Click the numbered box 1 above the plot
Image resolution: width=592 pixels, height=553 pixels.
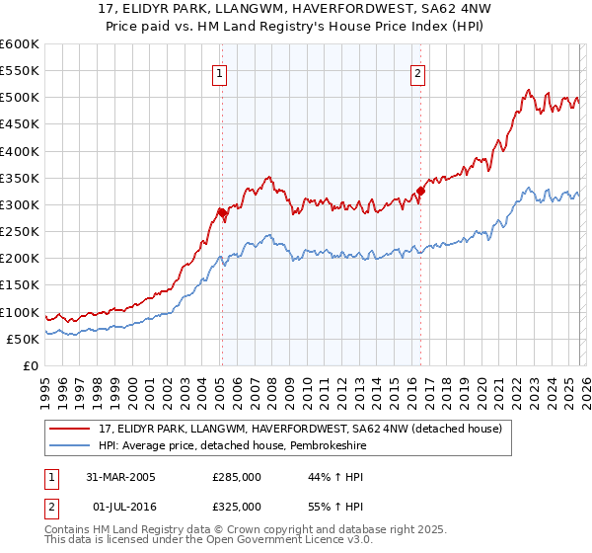(219, 72)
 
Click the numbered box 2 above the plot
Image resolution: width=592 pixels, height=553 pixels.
(418, 72)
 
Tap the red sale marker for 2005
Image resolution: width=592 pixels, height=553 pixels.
(222, 211)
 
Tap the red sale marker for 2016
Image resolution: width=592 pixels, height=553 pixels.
(420, 191)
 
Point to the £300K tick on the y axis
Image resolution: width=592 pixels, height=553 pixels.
(19, 204)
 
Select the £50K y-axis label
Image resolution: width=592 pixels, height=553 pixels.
(22, 339)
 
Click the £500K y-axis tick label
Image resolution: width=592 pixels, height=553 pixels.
(19, 98)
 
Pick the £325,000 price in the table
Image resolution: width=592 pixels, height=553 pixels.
(236, 506)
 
